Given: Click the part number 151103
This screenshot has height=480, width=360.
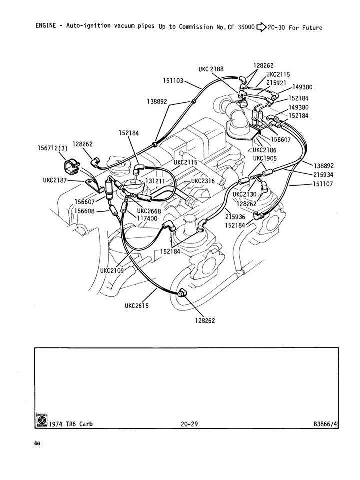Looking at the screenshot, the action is (x=173, y=81).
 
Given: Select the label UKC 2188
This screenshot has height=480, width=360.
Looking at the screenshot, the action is (x=211, y=69).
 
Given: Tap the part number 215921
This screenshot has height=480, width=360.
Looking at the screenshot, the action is (x=276, y=83).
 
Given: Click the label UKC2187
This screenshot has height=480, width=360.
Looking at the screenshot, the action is (x=55, y=180).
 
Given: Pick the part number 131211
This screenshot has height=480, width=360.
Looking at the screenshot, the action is (x=155, y=181).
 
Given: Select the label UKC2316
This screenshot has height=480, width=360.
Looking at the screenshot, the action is (x=203, y=181).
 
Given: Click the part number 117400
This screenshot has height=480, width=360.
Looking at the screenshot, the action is (x=147, y=219).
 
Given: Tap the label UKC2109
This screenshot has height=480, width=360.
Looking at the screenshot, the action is (x=112, y=271).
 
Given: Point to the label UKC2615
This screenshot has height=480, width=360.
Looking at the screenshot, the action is (x=137, y=306).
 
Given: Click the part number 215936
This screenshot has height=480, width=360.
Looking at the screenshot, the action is (x=235, y=217).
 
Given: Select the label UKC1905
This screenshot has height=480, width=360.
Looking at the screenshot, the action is (x=265, y=159).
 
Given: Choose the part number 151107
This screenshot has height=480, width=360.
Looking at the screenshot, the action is (x=323, y=184).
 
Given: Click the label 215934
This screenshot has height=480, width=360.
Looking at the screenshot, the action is (x=323, y=175).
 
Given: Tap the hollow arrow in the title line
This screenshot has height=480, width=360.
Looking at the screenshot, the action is (x=261, y=27).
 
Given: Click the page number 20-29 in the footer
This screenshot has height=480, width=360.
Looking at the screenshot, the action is (x=189, y=424).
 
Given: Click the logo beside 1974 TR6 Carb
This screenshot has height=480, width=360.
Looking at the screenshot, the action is (x=41, y=420).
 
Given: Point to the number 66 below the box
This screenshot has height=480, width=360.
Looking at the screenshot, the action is (x=37, y=444).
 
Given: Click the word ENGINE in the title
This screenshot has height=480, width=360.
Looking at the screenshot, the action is (x=46, y=25).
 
